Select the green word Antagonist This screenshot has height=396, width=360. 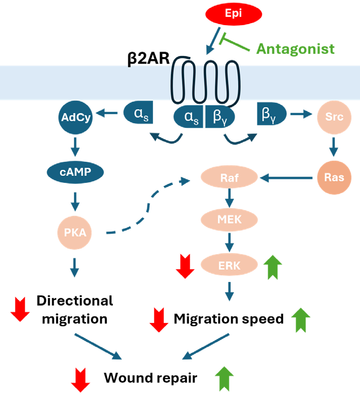[x=295, y=49]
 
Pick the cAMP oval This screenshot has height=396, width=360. [x=75, y=172]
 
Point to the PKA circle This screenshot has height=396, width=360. [x=75, y=232]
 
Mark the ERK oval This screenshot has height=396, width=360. [x=230, y=265]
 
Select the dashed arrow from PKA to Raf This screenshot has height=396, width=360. [x=149, y=208]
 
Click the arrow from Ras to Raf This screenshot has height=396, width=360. [x=287, y=178]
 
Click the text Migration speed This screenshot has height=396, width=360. [x=229, y=319]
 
